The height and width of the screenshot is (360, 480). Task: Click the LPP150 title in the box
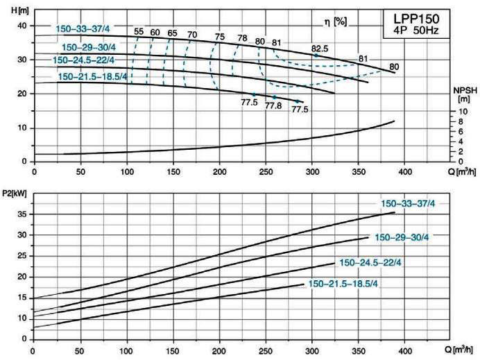[412, 18]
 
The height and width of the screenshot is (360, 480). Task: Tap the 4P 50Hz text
[412, 31]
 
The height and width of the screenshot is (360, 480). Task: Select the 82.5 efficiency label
[320, 48]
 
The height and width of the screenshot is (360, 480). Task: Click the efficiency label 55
[139, 32]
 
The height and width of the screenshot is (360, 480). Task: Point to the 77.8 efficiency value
[273, 105]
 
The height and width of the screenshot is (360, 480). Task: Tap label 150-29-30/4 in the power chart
[402, 237]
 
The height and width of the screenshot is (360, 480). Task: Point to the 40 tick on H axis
[21, 26]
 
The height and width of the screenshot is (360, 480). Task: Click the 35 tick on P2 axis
[22, 214]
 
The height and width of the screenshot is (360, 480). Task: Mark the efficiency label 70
[192, 34]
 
